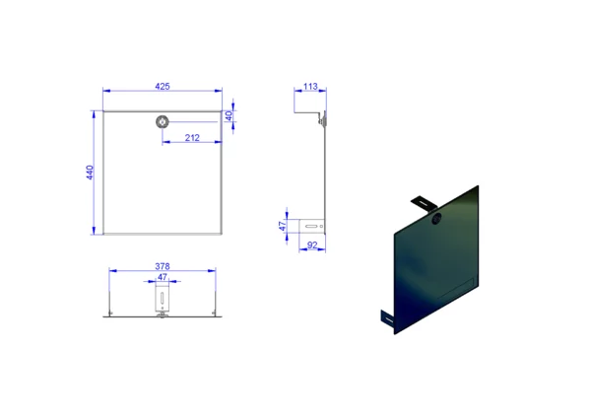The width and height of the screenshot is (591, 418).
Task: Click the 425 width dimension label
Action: pos(163,87)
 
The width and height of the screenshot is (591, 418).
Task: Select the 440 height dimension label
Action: pos(90,173)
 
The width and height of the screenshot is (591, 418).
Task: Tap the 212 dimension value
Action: pos(192,138)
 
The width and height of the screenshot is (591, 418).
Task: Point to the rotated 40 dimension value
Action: pos(229,116)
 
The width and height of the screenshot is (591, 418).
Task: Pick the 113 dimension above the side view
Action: pos(310,87)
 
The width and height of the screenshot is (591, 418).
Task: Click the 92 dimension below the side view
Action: pos(312,245)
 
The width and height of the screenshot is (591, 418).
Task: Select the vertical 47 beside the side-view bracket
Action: pos(283,226)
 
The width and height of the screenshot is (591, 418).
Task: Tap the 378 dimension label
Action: pos(163,266)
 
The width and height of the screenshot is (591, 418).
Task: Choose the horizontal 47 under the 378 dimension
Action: pos(163,277)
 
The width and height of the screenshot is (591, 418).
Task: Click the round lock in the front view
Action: pos(163,122)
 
